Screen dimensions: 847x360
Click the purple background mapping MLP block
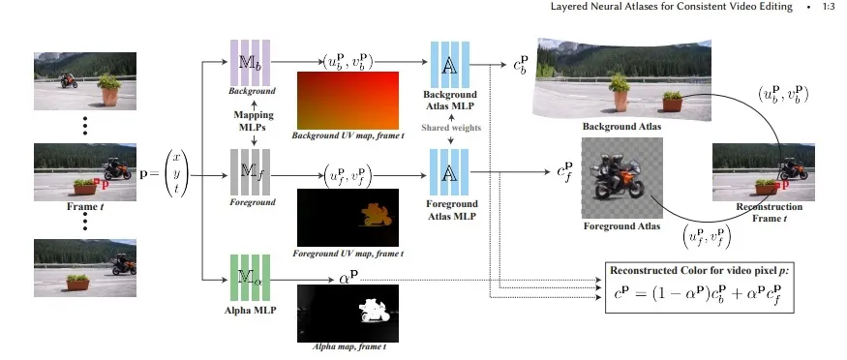tap(250, 63)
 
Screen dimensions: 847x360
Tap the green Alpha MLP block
tap(250, 278)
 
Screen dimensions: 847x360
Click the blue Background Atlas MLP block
tap(450, 64)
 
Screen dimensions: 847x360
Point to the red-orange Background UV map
tap(348, 101)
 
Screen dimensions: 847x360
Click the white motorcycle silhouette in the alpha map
tap(372, 311)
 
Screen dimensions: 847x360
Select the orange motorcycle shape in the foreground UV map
tap(375, 214)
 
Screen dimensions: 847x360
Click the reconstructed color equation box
tap(700, 287)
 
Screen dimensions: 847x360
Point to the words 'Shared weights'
tap(450, 128)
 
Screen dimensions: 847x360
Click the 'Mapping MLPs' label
tap(254, 120)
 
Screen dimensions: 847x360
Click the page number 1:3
tap(829, 7)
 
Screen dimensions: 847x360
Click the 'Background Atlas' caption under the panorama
tap(621, 127)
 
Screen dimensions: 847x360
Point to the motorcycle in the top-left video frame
tap(69, 80)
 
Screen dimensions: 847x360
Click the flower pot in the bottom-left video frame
tap(77, 283)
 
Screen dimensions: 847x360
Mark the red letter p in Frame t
tap(105, 184)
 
